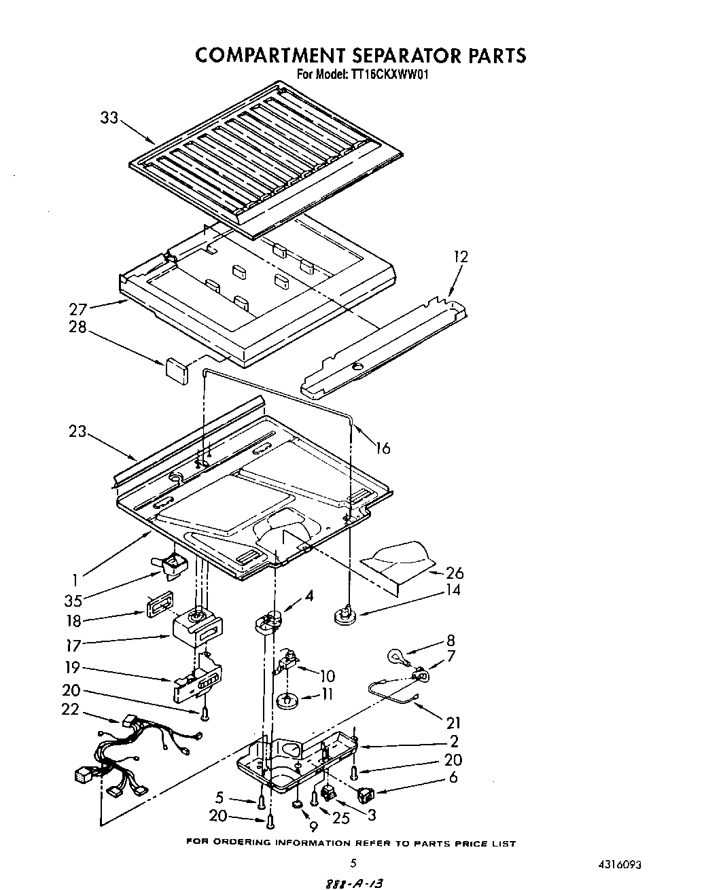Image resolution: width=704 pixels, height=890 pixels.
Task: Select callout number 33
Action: pyautogui.click(x=109, y=118)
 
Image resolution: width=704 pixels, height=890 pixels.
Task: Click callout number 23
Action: pyautogui.click(x=77, y=431)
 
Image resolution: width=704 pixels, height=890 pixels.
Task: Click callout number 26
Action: pyautogui.click(x=454, y=573)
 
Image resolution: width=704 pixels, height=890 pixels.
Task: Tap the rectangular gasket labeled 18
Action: pyautogui.click(x=157, y=606)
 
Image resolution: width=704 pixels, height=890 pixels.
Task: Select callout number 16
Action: pyautogui.click(x=383, y=448)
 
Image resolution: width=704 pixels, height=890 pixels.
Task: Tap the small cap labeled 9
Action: pyautogui.click(x=298, y=805)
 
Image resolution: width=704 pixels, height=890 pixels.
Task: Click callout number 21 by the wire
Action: pyautogui.click(x=453, y=724)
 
